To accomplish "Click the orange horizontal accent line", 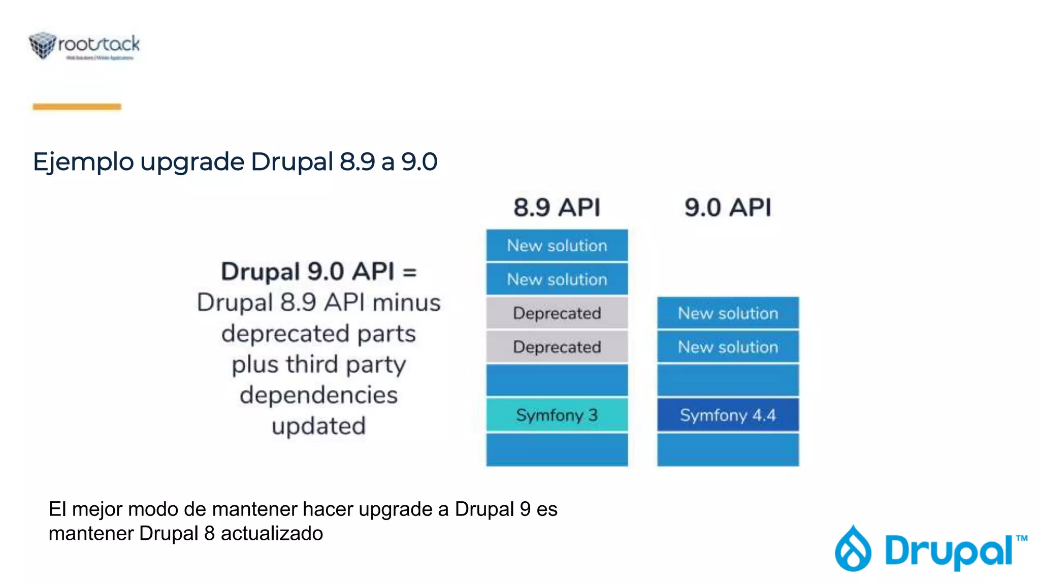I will coord(77,107).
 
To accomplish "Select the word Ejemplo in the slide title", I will coord(83,162).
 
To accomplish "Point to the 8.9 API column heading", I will coord(557,207).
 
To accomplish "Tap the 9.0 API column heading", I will coord(728,207).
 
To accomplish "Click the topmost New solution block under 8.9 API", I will coord(557,246).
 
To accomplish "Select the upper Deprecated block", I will coord(557,313).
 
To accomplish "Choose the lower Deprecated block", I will coord(557,347).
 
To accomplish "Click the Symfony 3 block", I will coord(557,415).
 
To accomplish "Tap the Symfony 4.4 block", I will coord(728,415).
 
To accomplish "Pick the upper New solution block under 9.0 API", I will coord(728,313).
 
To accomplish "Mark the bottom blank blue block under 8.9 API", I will coord(557,449).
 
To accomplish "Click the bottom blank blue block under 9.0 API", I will coord(728,449).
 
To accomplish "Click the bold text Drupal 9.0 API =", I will coord(318,271).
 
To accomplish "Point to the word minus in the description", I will coord(406,303).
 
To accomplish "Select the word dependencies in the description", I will coord(318,395).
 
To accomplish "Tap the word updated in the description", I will coord(318,426).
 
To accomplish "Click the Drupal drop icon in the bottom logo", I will coord(853,549).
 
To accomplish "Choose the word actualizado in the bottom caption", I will coord(272,534).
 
